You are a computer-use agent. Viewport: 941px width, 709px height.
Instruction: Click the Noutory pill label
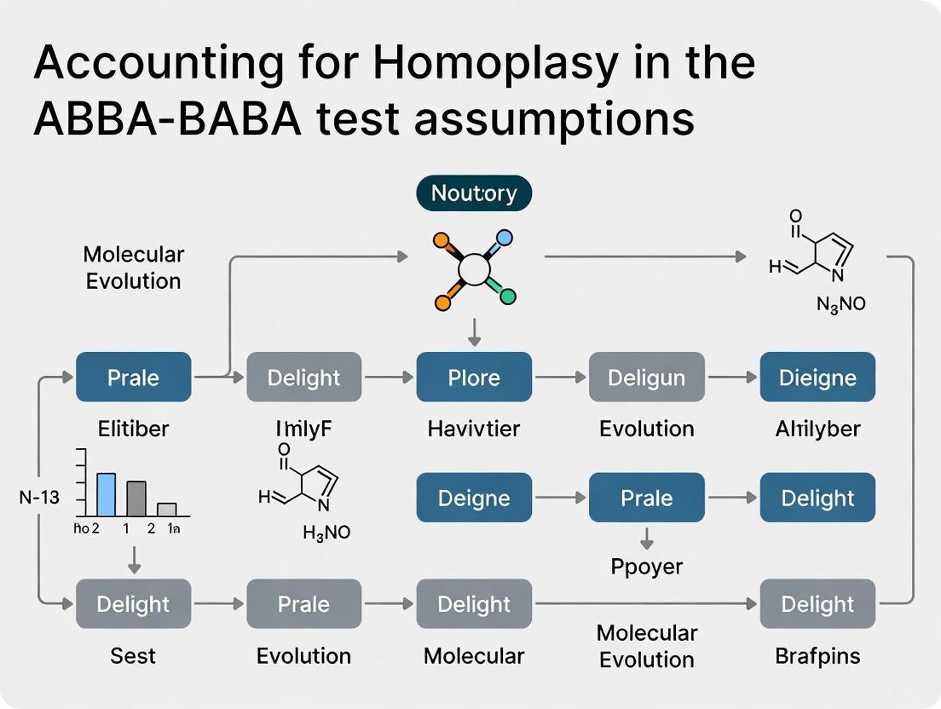[473, 193]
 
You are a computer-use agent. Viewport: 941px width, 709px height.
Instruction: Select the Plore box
[474, 377]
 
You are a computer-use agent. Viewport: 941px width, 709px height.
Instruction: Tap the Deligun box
[646, 377]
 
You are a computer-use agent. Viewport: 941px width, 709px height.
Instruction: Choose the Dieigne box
[817, 377]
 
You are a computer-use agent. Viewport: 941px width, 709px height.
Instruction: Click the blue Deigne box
[474, 498]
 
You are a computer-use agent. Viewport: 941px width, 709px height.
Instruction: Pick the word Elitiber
[133, 429]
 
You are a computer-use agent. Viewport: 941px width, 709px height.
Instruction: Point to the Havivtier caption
[474, 429]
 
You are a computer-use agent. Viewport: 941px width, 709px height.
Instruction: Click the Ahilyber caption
[817, 429]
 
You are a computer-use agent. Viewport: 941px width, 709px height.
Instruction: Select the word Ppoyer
[646, 566]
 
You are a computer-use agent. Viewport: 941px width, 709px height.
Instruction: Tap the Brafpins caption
[817, 655]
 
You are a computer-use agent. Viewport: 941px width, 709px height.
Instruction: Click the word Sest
[133, 655]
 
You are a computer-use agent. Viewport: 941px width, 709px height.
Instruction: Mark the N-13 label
[39, 497]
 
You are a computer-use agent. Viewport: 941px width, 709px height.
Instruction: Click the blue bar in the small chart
[106, 494]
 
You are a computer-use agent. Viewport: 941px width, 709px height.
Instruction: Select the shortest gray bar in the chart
[167, 510]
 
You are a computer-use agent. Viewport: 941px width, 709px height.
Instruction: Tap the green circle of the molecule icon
[507, 297]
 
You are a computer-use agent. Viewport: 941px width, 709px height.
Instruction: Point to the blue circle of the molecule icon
[505, 239]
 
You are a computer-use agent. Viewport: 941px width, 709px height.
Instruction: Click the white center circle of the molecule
[474, 270]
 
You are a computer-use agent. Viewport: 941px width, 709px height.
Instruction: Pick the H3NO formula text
[326, 533]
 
